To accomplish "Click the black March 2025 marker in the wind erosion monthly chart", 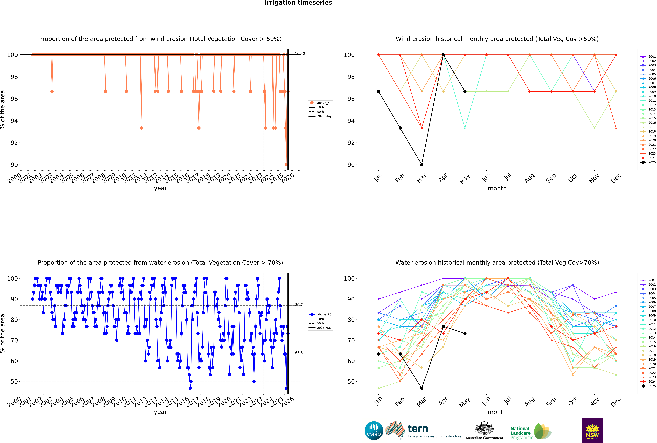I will [x=422, y=164].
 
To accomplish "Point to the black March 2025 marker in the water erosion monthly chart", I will [x=422, y=388].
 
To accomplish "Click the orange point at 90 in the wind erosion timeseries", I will [x=286, y=164].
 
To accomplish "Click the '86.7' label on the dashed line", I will [x=299, y=305].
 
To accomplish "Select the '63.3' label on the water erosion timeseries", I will [x=299, y=353].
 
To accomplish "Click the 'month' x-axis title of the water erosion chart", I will [x=497, y=412].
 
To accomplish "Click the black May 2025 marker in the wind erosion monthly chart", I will [x=465, y=91].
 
